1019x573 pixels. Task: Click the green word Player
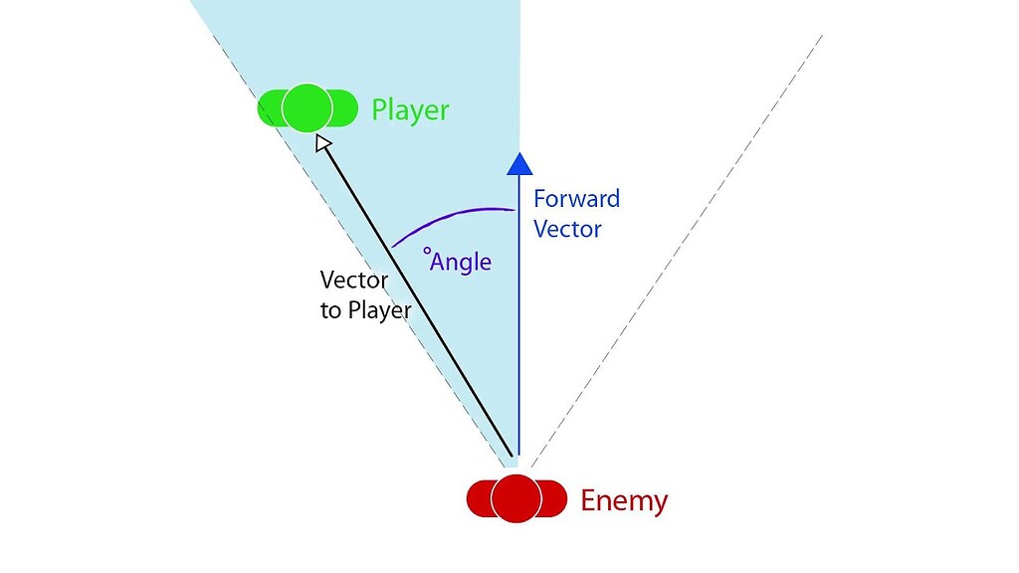coord(410,109)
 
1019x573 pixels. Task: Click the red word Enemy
coord(623,500)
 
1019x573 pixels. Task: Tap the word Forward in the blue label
coord(576,198)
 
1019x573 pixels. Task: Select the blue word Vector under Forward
coord(567,229)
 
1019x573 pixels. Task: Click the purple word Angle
coord(461,262)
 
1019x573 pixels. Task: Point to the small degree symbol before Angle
coord(427,253)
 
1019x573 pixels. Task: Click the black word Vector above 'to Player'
coord(353,281)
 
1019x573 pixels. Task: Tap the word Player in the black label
coord(379,310)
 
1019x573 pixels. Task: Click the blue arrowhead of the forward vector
coord(516,163)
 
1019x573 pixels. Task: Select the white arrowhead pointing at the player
coord(323,144)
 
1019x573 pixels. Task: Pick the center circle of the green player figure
coord(306,108)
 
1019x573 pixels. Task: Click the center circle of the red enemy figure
coord(515,497)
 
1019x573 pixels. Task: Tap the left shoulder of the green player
coord(272,108)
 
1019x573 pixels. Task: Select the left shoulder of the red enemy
coord(481,498)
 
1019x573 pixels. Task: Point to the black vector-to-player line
coord(418,298)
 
